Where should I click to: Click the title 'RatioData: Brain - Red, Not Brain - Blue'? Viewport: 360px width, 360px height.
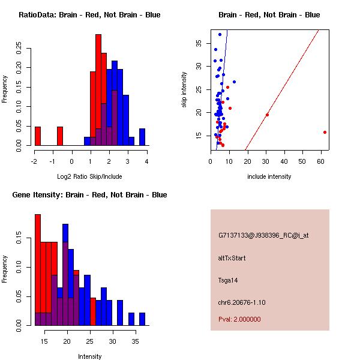click(x=89, y=15)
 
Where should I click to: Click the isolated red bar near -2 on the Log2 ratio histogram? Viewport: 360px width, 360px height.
click(x=38, y=136)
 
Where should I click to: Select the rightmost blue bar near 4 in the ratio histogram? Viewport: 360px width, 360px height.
click(x=142, y=137)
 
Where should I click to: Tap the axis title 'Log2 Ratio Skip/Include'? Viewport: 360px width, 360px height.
click(x=89, y=177)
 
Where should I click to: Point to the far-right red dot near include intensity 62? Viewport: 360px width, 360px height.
click(x=325, y=132)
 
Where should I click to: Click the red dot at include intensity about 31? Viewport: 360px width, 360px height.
click(x=267, y=115)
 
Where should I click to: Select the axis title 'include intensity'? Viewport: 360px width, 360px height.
click(x=269, y=176)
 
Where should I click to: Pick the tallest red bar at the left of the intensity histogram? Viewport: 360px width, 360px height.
click(x=38, y=269)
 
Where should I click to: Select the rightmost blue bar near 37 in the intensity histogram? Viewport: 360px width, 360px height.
click(x=142, y=319)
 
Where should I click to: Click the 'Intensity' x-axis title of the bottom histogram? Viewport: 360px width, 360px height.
click(x=89, y=356)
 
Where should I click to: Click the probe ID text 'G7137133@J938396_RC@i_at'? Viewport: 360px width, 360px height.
click(x=263, y=236)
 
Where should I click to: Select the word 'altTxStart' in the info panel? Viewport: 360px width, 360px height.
click(x=232, y=258)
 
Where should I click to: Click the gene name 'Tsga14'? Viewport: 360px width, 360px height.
click(x=229, y=280)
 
